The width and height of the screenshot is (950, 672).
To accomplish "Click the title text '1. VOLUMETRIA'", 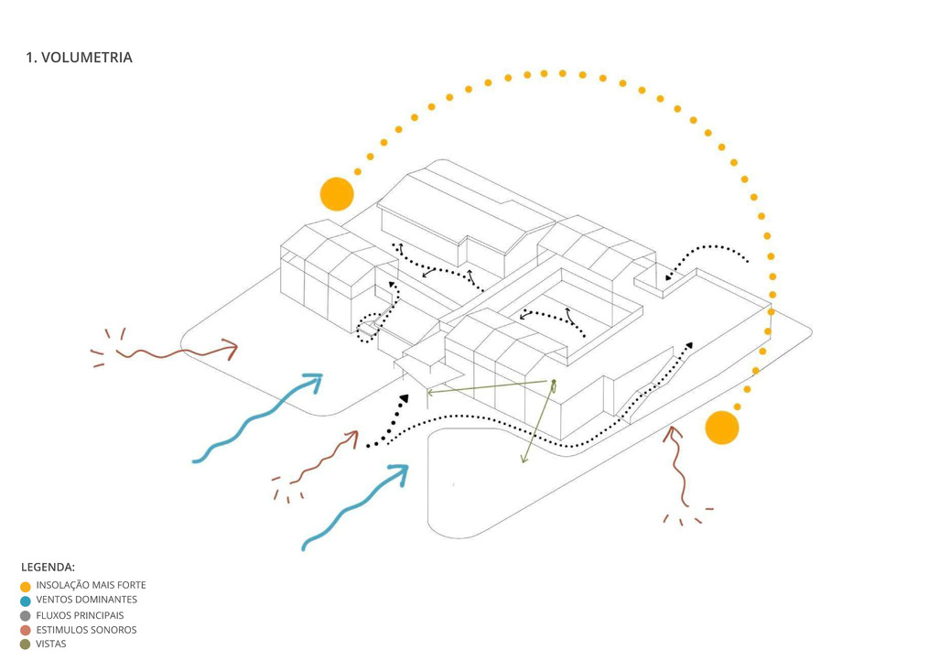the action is [79, 58].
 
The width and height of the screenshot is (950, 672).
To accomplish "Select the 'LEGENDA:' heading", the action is [48, 568].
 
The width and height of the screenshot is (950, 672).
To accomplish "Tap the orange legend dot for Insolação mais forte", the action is [26, 587].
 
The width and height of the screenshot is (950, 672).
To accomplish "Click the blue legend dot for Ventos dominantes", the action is [26, 602].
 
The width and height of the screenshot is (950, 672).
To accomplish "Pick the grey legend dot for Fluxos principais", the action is [26, 616].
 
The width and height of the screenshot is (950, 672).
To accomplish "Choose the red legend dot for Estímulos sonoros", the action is [26, 631].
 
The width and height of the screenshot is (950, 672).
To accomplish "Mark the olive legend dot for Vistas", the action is [26, 645].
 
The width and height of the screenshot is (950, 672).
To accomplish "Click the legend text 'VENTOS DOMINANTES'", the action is [87, 601].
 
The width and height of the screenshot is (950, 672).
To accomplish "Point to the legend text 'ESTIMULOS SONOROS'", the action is [86, 630].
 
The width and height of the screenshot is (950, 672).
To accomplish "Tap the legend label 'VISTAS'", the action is [51, 644].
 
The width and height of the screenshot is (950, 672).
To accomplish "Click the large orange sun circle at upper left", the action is [337, 194].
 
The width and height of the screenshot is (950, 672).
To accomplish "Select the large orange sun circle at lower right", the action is [722, 428].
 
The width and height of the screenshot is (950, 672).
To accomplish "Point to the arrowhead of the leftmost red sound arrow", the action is [231, 349].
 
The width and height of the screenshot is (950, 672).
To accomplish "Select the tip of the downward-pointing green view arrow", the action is [523, 461].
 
